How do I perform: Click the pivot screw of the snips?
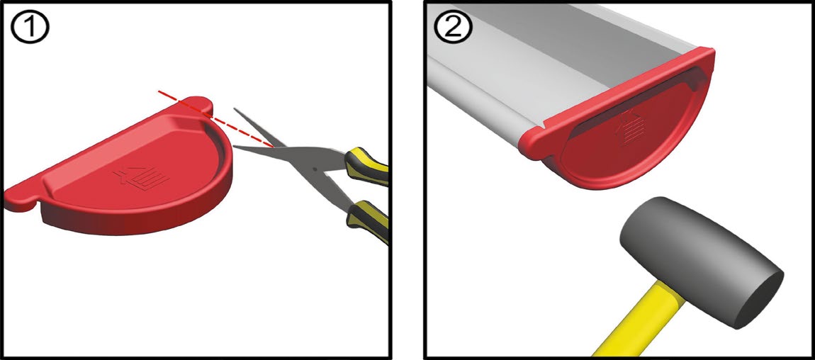pyautogui.click(x=314, y=169)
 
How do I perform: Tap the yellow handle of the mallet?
pyautogui.click(x=629, y=321)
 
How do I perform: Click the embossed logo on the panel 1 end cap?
pyautogui.click(x=141, y=178)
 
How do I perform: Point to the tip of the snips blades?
pyautogui.click(x=233, y=147)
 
